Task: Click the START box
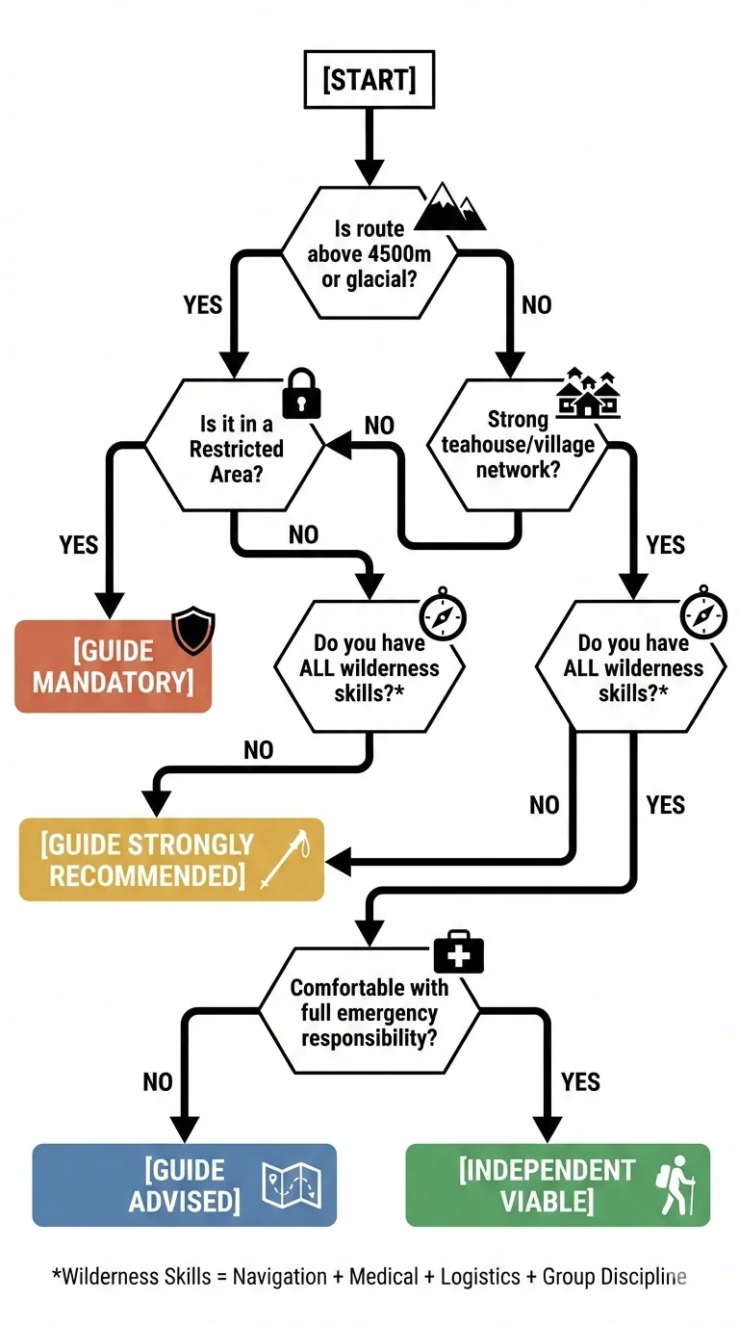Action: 369,80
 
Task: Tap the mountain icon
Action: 449,207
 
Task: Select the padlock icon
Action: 300,393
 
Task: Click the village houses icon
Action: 588,394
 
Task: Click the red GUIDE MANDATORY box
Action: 113,666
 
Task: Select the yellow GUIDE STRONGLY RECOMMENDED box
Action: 171,860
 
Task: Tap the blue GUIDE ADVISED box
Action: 184,1185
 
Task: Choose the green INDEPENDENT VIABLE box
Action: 557,1185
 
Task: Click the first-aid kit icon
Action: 458,952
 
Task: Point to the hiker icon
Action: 677,1187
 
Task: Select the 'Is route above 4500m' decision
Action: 369,253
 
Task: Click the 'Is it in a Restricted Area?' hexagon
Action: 236,446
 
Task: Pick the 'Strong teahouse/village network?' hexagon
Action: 518,444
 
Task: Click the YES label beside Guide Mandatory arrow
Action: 79,545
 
